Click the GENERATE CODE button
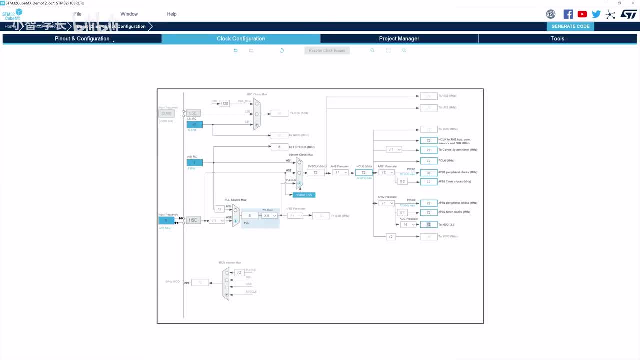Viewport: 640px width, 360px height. (570, 26)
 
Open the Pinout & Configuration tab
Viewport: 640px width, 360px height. (82, 38)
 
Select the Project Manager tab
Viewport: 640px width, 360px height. (399, 38)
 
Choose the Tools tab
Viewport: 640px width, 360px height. (557, 38)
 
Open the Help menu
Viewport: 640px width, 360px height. (172, 14)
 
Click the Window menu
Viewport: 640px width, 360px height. (129, 14)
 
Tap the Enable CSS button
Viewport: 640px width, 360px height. (304, 195)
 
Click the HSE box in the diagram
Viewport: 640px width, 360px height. (193, 220)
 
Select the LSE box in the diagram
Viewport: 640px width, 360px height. (193, 113)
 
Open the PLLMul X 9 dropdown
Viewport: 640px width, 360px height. (270, 216)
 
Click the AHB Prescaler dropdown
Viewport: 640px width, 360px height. (340, 172)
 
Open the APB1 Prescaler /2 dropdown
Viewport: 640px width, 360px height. (386, 172)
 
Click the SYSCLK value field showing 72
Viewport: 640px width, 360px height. (315, 172)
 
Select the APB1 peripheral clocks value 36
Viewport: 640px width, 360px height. (428, 173)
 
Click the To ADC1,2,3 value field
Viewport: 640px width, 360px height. (428, 225)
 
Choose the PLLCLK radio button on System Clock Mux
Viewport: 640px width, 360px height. (299, 183)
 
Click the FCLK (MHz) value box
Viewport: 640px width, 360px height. (428, 161)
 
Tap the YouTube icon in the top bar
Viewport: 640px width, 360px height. (582, 14)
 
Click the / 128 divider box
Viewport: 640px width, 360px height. (224, 103)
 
